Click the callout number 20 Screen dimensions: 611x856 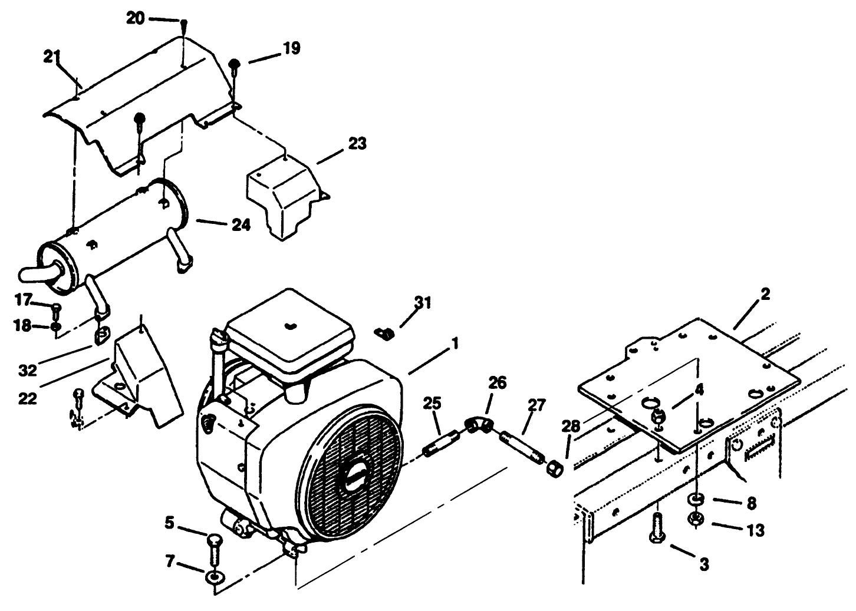point(135,18)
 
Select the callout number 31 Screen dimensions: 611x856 point(423,303)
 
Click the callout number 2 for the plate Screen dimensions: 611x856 point(765,294)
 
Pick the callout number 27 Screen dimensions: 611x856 point(537,405)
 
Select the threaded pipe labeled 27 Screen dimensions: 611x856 point(521,445)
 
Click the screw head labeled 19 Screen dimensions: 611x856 point(234,64)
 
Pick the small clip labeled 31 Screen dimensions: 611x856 point(384,333)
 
